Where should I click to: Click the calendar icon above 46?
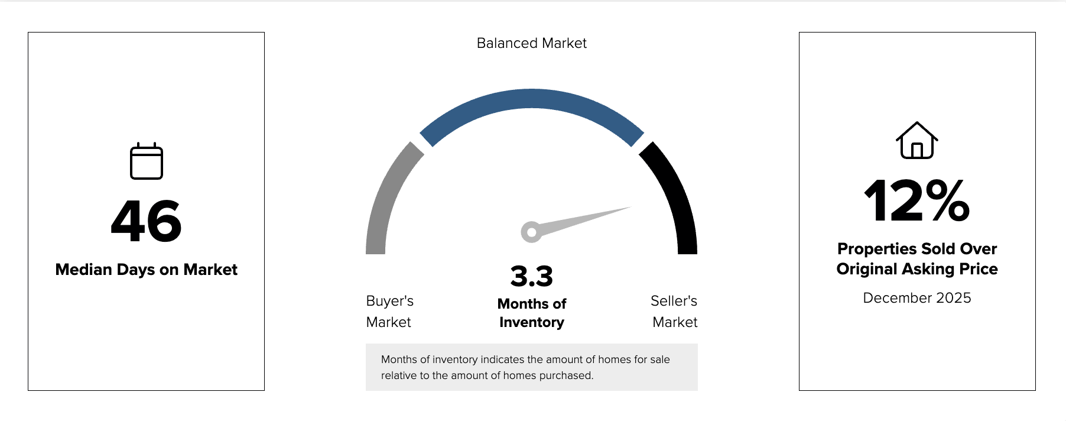147,161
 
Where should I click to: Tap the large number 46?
147,221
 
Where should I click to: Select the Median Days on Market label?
147,270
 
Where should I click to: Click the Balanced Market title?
531,43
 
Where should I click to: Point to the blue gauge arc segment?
532,99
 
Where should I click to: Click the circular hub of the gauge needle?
531,232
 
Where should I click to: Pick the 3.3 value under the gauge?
532,276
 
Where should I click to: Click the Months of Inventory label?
532,313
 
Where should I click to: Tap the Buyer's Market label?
389,312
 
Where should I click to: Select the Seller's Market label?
674,312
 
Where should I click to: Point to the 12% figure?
916,201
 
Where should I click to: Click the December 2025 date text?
916,298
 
